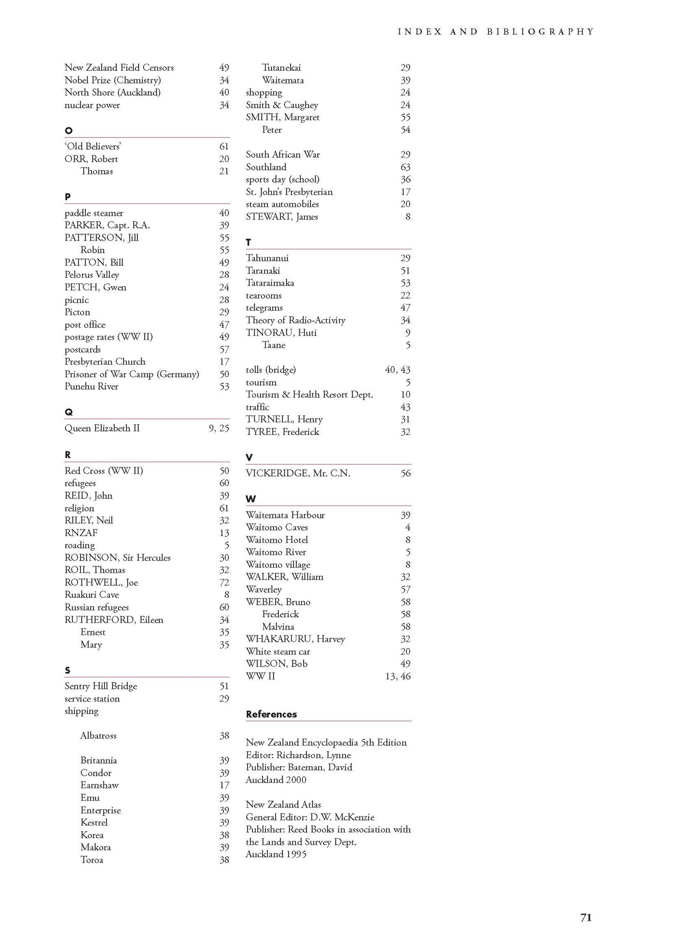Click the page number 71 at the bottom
click(x=586, y=917)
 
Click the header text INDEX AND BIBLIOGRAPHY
click(x=496, y=32)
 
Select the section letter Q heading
click(x=68, y=412)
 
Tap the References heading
click(x=271, y=714)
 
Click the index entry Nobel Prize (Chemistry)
click(x=112, y=80)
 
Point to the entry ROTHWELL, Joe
click(x=101, y=582)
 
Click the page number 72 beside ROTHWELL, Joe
click(x=224, y=582)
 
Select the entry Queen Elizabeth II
click(x=102, y=428)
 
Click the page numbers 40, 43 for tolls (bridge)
click(x=397, y=370)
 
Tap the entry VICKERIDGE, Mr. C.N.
click(x=298, y=473)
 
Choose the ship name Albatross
click(x=98, y=735)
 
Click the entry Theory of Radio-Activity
click(x=295, y=320)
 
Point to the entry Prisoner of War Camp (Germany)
click(x=132, y=374)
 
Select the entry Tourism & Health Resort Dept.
click(x=309, y=394)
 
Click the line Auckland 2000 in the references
click(x=276, y=780)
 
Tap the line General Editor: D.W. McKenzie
click(x=310, y=817)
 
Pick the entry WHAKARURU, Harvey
click(x=295, y=639)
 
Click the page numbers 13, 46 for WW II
click(x=398, y=676)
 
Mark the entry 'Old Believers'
click(x=92, y=146)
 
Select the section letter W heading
click(x=251, y=499)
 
